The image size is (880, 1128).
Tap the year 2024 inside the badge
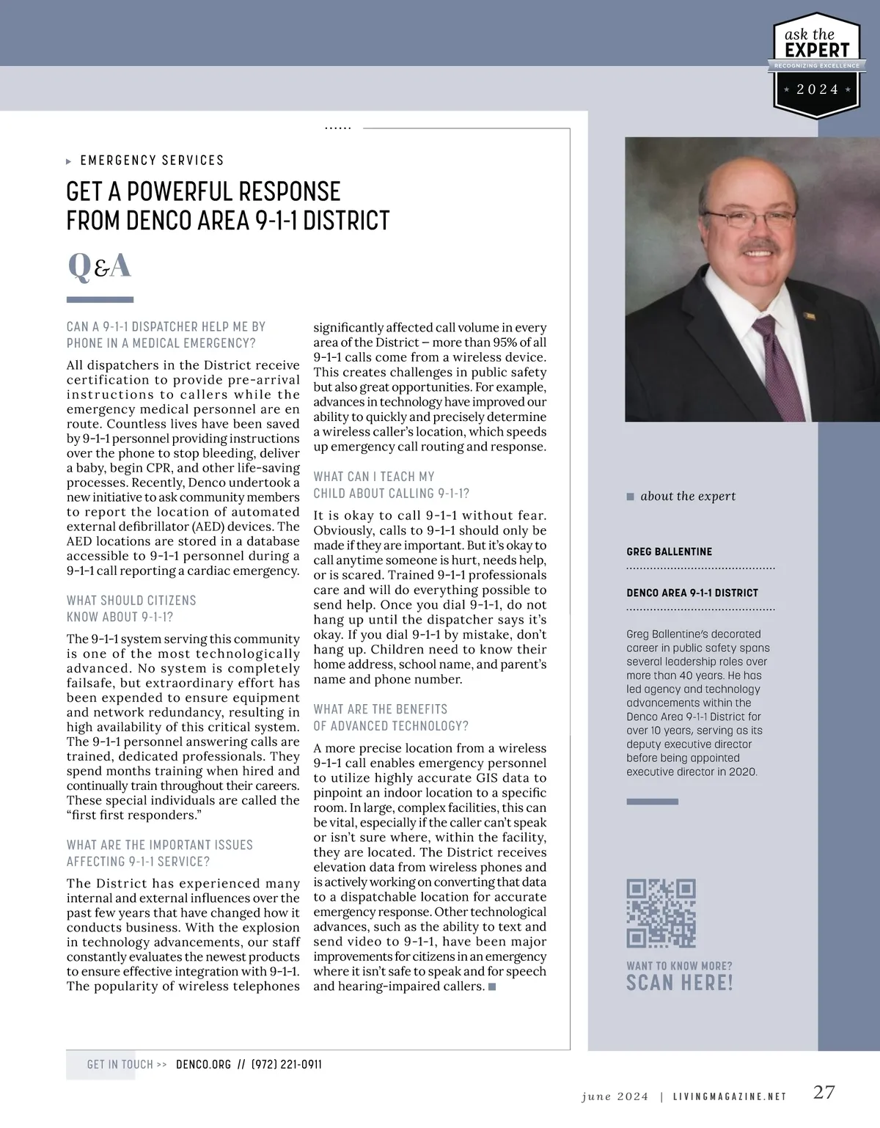pos(818,89)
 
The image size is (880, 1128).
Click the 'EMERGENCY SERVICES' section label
pos(152,161)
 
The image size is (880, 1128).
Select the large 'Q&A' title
pos(100,266)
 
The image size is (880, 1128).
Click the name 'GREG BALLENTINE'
pos(669,552)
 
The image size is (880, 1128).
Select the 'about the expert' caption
pos(687,497)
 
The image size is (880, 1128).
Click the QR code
pos(661,913)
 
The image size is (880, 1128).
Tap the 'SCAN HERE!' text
pos(679,984)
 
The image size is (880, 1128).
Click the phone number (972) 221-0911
pos(287,1064)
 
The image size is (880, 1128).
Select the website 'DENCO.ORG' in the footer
pos(203,1064)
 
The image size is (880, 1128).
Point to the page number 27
pos(824,1092)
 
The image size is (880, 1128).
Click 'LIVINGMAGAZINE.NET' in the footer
pos(729,1096)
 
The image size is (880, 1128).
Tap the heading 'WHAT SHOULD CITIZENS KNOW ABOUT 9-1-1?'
pos(131,609)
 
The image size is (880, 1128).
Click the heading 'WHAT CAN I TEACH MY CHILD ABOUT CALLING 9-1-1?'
pos(391,485)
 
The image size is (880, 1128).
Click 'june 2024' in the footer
pos(615,1096)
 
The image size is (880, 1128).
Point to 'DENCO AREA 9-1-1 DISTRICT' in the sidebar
pos(692,593)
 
